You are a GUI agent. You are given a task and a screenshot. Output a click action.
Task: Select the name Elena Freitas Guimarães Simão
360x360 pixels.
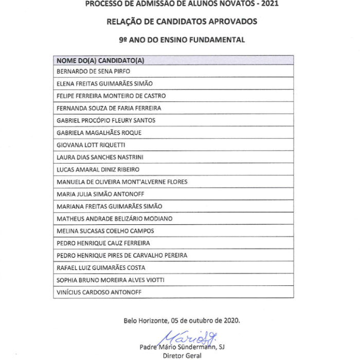tap(104, 83)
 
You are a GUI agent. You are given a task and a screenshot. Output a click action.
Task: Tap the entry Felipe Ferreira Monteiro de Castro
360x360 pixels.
tap(111, 96)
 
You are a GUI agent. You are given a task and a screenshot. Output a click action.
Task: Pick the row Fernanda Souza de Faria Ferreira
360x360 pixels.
tap(109, 108)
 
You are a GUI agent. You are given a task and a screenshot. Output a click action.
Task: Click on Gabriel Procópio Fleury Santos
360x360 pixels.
tap(106, 120)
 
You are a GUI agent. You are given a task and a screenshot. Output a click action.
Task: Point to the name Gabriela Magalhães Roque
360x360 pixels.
tap(99, 133)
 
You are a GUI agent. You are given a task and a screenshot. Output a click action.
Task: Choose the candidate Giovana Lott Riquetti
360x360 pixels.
tap(91, 145)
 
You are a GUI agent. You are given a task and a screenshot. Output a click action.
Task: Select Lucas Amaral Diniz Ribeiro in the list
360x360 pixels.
tap(98, 169)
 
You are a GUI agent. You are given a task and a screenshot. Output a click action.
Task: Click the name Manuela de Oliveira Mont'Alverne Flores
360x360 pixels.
tap(122, 182)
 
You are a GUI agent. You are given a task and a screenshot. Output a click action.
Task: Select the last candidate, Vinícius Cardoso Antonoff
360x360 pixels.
tap(99, 292)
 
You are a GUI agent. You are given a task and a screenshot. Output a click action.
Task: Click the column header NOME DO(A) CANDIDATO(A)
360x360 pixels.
tap(100, 60)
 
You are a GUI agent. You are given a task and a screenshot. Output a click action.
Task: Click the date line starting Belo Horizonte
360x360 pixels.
tap(182, 320)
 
